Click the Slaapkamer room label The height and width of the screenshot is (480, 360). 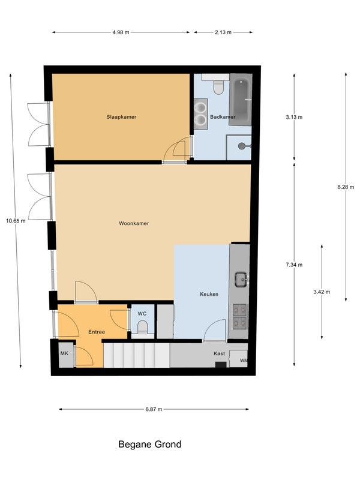(121, 117)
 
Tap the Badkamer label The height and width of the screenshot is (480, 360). (223, 117)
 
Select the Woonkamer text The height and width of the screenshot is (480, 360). (134, 223)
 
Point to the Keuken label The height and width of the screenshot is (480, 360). (209, 294)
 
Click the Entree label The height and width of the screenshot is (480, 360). (97, 332)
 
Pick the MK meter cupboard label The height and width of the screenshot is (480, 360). (64, 353)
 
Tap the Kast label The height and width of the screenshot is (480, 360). (219, 353)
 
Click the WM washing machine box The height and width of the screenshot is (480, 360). (238, 359)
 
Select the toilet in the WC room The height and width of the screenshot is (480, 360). (142, 327)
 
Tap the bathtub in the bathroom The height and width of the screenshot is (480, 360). (241, 100)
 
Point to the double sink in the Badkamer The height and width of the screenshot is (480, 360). (201, 114)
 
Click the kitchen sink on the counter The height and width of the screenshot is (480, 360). (241, 280)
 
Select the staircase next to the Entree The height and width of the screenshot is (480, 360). (137, 355)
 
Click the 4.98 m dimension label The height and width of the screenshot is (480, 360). (121, 32)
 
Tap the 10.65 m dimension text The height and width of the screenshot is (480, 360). (16, 221)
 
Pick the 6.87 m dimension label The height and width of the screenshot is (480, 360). (154, 409)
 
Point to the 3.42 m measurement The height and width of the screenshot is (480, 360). (322, 292)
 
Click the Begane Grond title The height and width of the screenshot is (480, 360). (149, 444)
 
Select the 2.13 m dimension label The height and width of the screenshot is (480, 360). (223, 32)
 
